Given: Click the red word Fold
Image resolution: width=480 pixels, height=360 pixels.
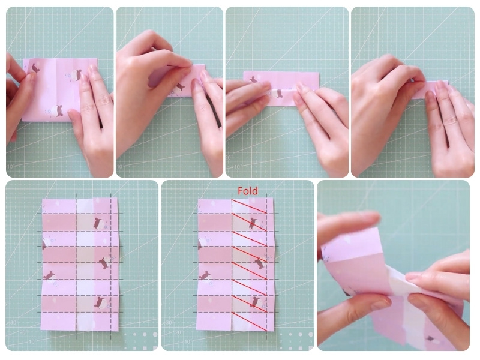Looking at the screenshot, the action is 248,191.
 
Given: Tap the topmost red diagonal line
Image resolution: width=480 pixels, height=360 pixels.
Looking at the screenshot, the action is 249,206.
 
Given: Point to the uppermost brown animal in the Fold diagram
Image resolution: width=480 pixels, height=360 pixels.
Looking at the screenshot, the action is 253,223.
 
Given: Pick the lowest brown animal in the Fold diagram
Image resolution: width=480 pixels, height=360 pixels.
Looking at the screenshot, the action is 254,302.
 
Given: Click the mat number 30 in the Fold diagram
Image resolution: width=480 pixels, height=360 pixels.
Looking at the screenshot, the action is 169,323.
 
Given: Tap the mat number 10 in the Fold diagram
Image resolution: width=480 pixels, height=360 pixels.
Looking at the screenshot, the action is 187,341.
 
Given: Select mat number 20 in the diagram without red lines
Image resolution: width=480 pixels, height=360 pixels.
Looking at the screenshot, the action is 22,332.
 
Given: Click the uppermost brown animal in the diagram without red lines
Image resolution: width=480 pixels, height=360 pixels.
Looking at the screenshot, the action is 98,223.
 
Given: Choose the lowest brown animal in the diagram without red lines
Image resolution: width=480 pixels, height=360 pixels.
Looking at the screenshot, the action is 99,302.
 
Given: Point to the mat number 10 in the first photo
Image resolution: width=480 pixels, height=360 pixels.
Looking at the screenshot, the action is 10,167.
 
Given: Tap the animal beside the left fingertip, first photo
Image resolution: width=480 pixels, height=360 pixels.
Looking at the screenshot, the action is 35,68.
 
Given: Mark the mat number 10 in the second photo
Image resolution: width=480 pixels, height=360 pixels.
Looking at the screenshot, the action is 119,167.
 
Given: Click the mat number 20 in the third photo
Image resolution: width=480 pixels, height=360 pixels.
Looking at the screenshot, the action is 229,158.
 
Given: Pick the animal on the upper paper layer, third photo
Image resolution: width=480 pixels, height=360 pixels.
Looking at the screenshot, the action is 253,80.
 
